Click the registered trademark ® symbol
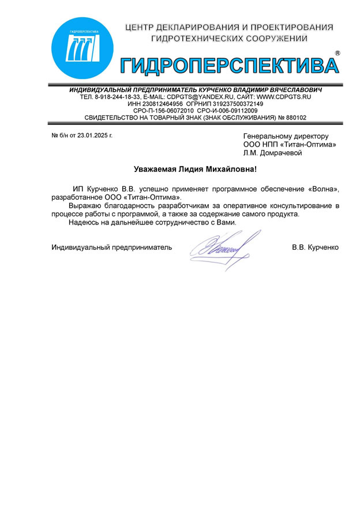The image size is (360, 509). [x=337, y=53]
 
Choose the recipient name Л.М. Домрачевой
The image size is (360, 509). [x=272, y=153]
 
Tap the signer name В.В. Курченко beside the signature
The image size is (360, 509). [x=315, y=247]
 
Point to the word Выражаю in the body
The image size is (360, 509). [x=85, y=206]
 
